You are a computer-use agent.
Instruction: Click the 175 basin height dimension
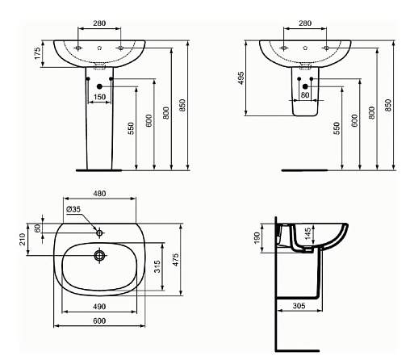[x=37, y=53]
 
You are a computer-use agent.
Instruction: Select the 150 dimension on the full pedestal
[x=99, y=97]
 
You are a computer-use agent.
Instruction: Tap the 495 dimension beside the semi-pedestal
[x=241, y=78]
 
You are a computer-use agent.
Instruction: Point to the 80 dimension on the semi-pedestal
[x=305, y=95]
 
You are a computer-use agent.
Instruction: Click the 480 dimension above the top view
[x=99, y=194]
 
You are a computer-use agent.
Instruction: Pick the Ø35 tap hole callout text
[x=73, y=209]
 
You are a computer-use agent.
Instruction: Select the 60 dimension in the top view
[x=38, y=228]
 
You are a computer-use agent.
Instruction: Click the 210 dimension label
[x=23, y=239]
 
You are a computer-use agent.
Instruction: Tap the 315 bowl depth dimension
[x=157, y=266]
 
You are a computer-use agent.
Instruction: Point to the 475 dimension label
[x=175, y=260]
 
